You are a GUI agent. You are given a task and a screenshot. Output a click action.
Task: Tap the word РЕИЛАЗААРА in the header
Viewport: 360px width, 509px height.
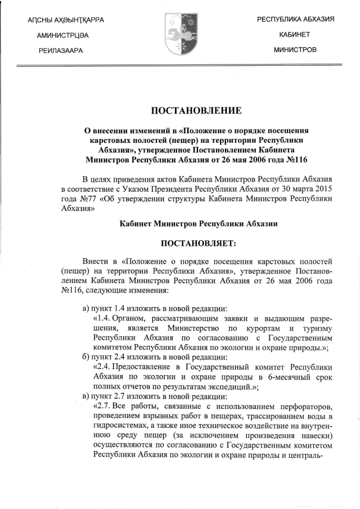pyautogui.click(x=61, y=51)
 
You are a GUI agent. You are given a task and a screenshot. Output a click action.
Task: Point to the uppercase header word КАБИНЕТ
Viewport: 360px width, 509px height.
pyautogui.click(x=295, y=35)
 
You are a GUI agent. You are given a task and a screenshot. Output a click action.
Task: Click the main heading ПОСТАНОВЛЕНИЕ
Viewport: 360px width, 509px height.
pyautogui.click(x=179, y=110)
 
